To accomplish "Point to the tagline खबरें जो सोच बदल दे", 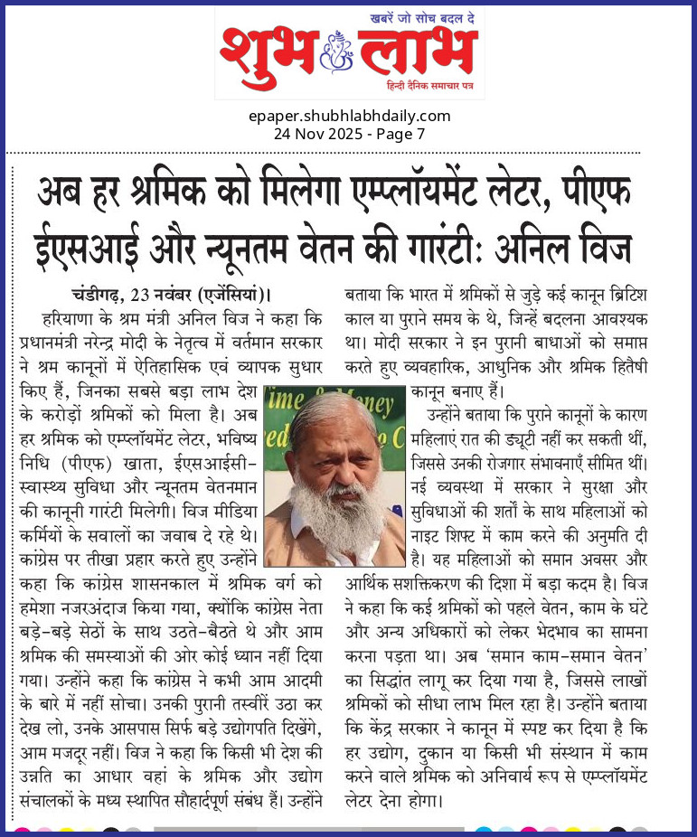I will coord(424,16).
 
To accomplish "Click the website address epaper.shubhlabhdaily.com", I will coord(349,116).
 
